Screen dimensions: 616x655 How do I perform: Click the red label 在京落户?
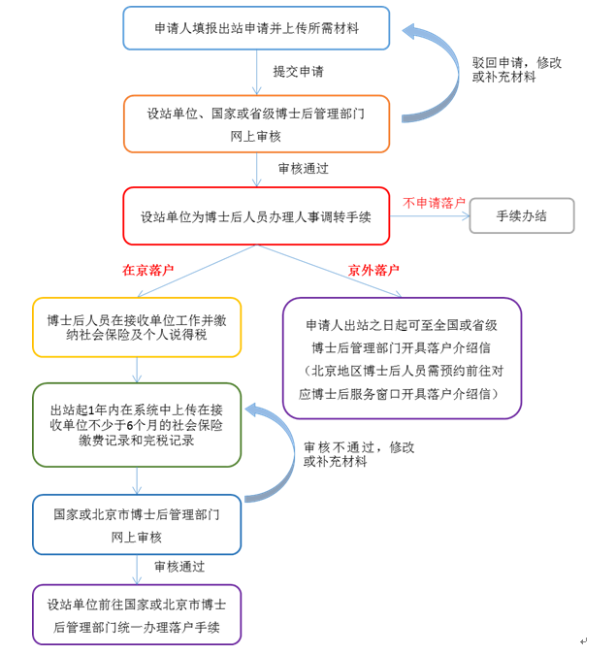(x=147, y=270)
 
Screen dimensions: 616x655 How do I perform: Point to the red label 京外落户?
(x=373, y=271)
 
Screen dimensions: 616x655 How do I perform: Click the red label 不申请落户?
(x=434, y=203)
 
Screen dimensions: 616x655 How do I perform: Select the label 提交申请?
(x=298, y=72)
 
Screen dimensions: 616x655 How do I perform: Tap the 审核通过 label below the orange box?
(x=304, y=169)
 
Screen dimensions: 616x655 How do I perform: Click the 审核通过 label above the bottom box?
(x=179, y=567)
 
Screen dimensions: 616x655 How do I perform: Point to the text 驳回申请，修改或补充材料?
(x=517, y=70)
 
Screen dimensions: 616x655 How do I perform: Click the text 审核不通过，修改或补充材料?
(x=359, y=454)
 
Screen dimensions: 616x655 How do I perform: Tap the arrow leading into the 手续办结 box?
(x=430, y=216)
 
